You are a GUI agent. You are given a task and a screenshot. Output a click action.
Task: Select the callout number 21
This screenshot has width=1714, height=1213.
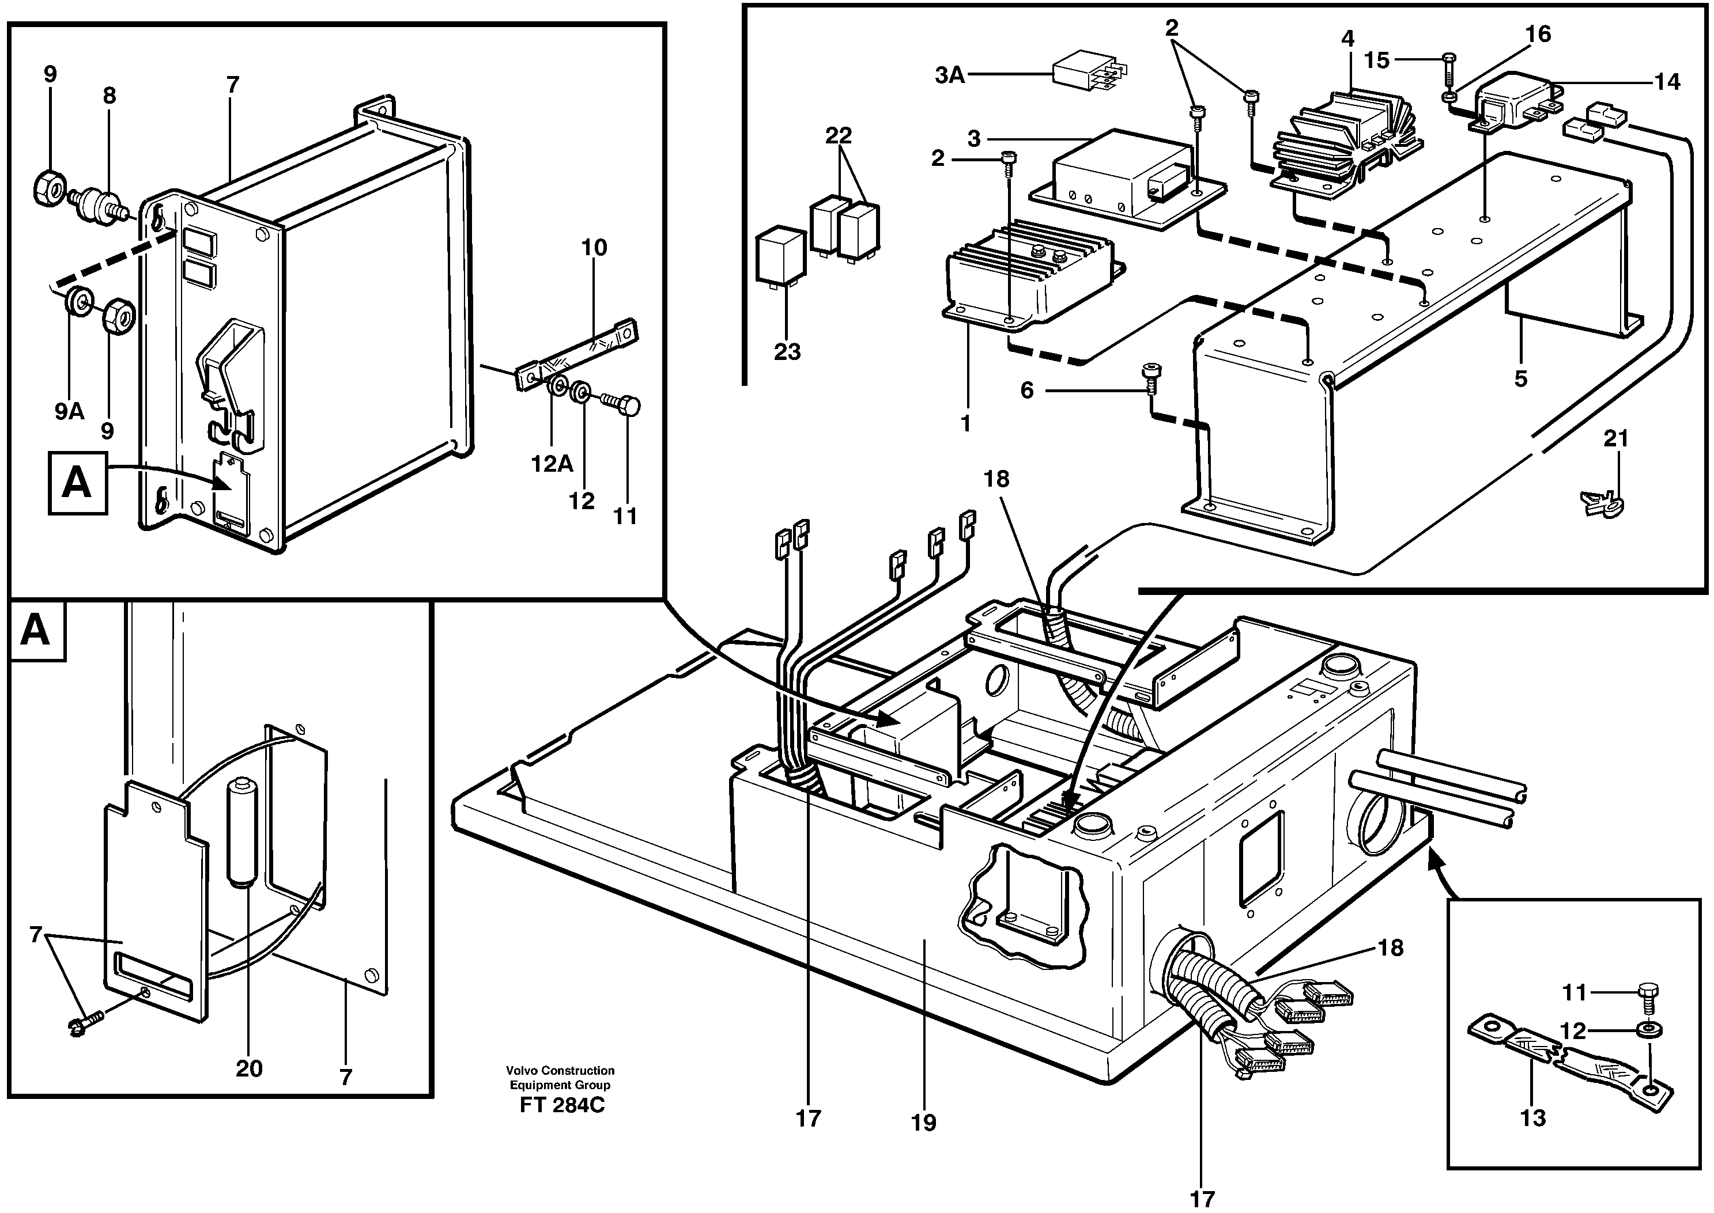1615,438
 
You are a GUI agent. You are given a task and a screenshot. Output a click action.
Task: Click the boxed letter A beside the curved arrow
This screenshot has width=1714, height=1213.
78,483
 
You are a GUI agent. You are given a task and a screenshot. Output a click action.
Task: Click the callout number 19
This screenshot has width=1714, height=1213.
923,1143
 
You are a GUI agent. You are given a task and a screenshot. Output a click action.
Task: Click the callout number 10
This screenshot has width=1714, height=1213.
594,247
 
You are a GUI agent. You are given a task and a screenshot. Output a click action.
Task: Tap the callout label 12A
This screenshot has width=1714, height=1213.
552,464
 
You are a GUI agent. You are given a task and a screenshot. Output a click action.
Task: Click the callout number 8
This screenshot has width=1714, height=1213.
110,96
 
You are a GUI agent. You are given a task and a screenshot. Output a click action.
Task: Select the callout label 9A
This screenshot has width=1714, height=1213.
69,411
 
